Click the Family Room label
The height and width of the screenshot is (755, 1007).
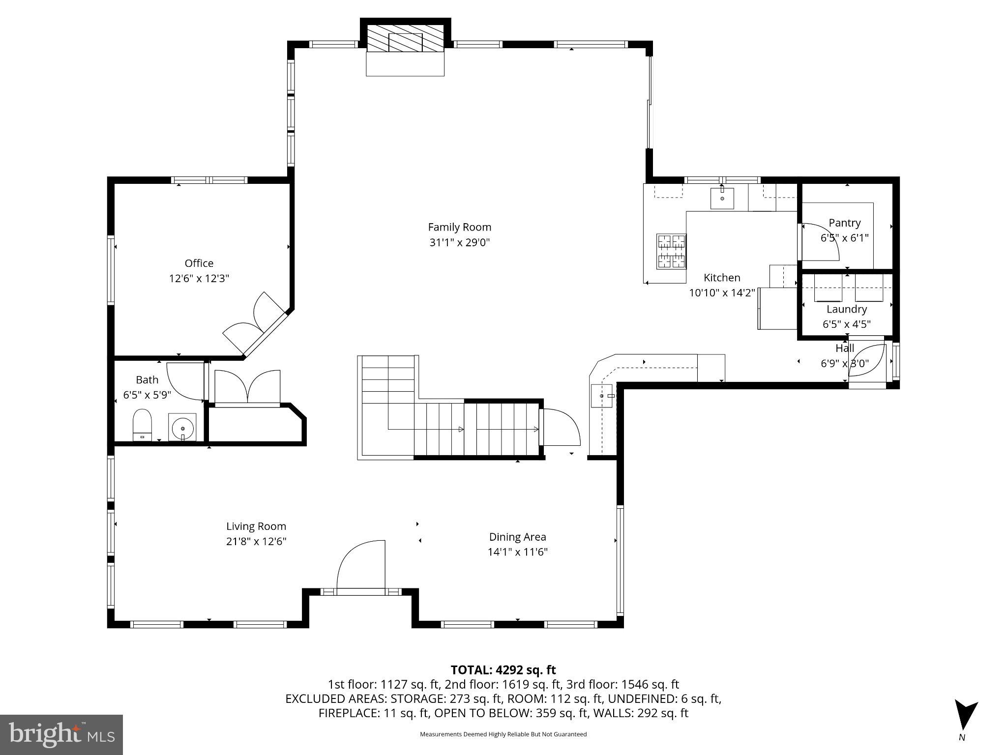(x=459, y=227)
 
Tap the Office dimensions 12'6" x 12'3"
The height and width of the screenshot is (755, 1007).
(x=199, y=279)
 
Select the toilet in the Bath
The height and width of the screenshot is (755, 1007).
(x=142, y=425)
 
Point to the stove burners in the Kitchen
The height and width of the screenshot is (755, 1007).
(x=671, y=251)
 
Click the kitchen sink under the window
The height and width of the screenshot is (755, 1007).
(x=722, y=198)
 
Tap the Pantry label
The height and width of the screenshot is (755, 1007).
(x=844, y=223)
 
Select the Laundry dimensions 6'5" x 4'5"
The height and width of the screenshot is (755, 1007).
(x=846, y=324)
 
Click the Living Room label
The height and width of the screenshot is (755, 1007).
(x=256, y=526)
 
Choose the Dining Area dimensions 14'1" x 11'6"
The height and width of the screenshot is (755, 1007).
(x=517, y=552)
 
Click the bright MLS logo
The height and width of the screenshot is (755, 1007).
(x=61, y=735)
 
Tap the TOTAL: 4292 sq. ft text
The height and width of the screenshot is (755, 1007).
(x=503, y=670)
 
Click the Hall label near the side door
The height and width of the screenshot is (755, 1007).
(x=844, y=348)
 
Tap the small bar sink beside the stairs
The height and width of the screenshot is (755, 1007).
(x=602, y=396)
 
